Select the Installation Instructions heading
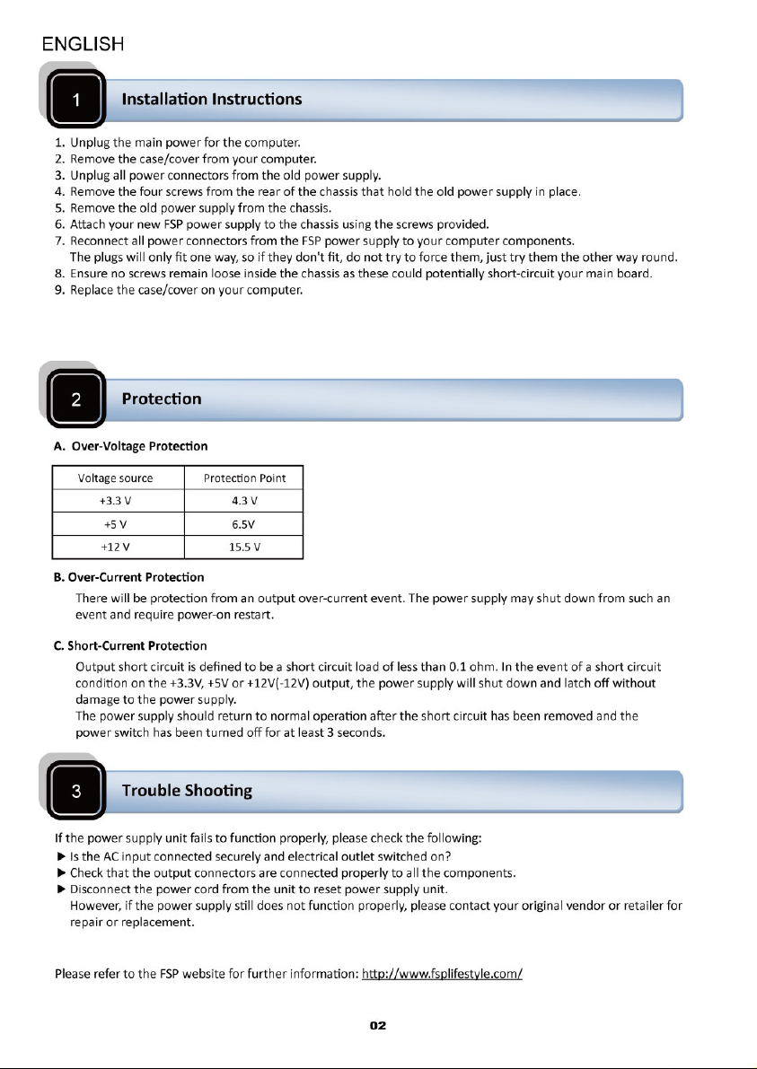(x=211, y=99)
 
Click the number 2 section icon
(x=77, y=400)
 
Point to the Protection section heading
(x=161, y=399)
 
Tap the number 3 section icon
(x=77, y=792)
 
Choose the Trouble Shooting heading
(x=187, y=791)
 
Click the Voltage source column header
(x=118, y=478)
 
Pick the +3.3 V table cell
(x=118, y=501)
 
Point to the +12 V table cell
(x=118, y=546)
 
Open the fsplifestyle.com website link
(x=442, y=974)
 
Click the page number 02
(x=378, y=1026)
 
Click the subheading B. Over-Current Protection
(x=128, y=576)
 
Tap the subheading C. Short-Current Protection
(x=130, y=645)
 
